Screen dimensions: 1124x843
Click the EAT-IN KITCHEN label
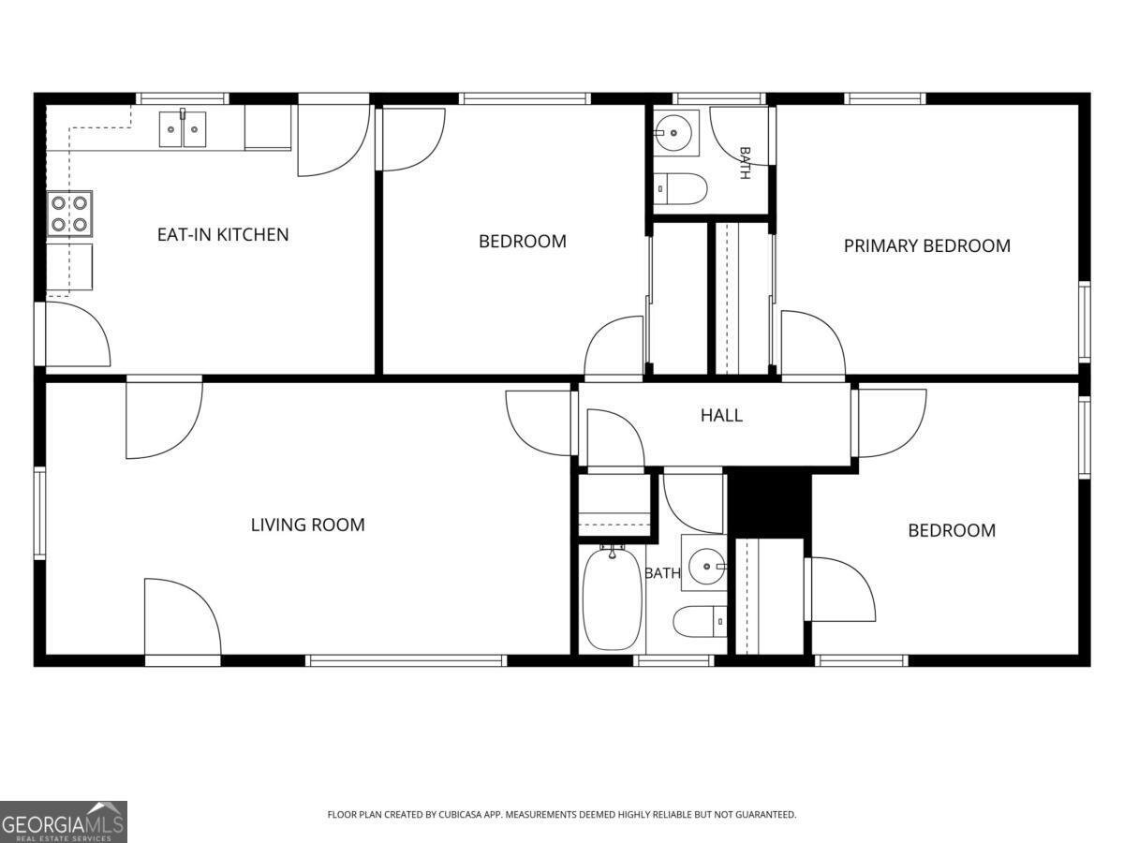223,235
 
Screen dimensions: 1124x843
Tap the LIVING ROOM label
308,525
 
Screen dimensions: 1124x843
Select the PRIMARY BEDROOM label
927,246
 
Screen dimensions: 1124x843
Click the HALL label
721,415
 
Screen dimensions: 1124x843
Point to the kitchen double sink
183,129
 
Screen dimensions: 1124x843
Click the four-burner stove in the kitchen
69,214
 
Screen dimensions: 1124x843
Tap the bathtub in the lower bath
613,598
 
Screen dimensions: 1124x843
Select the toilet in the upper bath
681,189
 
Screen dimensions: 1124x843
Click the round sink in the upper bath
673,133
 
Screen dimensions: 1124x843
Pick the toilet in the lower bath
700,621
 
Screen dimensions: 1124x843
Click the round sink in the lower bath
706,566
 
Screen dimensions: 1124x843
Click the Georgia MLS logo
64,821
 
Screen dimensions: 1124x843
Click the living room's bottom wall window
407,660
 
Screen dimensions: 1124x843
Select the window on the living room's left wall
40,513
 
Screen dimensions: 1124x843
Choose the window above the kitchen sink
183,98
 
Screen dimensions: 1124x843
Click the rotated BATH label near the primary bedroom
745,163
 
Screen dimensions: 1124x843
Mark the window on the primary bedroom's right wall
1084,321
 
